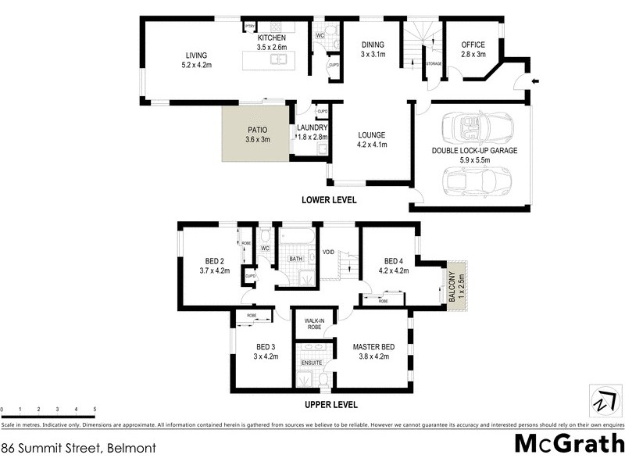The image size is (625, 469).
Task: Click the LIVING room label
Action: pyautogui.click(x=196, y=55)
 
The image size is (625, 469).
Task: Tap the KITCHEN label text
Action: pyautogui.click(x=272, y=38)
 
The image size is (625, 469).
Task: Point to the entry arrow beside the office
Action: pyautogui.click(x=535, y=81)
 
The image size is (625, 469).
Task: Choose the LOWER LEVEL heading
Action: pyautogui.click(x=329, y=200)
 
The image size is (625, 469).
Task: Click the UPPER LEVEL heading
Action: pyautogui.click(x=330, y=405)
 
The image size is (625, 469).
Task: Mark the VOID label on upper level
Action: pyautogui.click(x=328, y=252)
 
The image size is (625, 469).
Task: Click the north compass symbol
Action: pyautogui.click(x=601, y=401)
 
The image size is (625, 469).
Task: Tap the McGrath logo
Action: pyautogui.click(x=569, y=443)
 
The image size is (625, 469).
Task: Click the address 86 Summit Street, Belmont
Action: pyautogui.click(x=79, y=449)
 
